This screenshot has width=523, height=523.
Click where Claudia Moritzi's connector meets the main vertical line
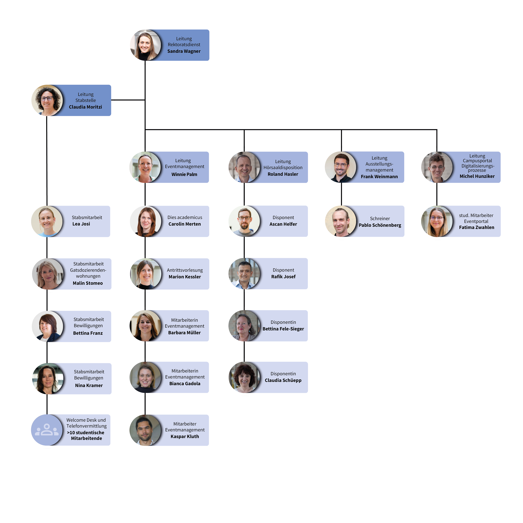[145, 100]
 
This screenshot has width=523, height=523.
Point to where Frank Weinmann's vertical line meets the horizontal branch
[341, 130]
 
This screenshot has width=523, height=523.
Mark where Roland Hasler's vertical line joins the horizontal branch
[244, 130]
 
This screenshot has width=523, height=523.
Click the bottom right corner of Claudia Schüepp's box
[308, 392]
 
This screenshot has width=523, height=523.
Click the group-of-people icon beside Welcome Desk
[47, 430]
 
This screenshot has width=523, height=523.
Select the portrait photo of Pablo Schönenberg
[341, 221]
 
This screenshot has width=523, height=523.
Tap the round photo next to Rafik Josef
[244, 274]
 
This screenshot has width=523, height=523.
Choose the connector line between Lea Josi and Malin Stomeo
[47, 248]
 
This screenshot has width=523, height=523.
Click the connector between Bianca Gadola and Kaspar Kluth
[145, 404]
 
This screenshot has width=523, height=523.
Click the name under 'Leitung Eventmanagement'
[184, 174]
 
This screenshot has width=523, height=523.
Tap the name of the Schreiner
[380, 225]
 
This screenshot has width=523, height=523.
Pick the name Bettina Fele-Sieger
[283, 329]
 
